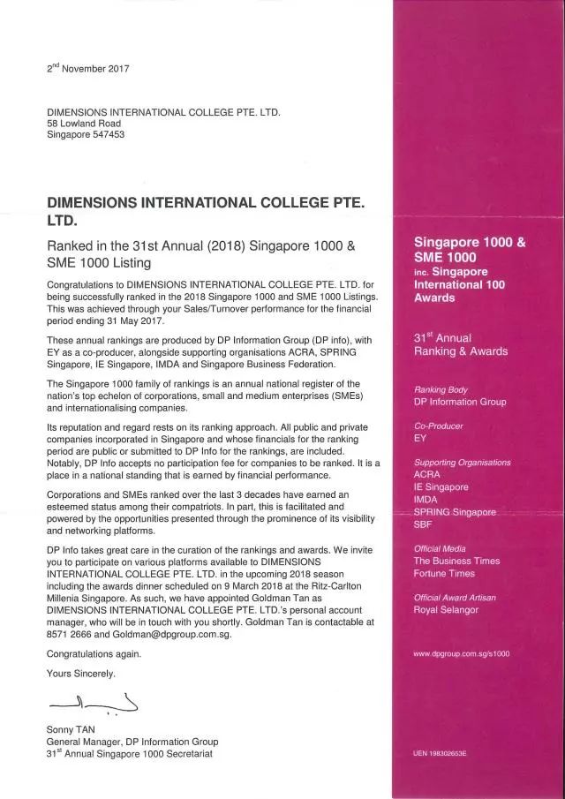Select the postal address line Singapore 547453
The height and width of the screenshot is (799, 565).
pyautogui.click(x=86, y=135)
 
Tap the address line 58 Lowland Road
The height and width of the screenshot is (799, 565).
pyautogui.click(x=83, y=124)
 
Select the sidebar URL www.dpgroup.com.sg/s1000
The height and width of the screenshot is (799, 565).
pyautogui.click(x=461, y=653)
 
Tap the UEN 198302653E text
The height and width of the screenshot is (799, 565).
pyautogui.click(x=440, y=753)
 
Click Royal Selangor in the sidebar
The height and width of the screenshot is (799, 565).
pyautogui.click(x=446, y=609)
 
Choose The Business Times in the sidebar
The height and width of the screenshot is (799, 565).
pyautogui.click(x=456, y=561)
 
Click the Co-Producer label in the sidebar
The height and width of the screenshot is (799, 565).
pyautogui.click(x=439, y=426)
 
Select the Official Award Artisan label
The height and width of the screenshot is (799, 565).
pyautogui.click(x=455, y=598)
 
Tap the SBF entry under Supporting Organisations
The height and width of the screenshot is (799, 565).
pyautogui.click(x=425, y=524)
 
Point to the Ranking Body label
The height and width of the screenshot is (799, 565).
pyautogui.click(x=441, y=389)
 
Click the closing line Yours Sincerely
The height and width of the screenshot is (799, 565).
pyautogui.click(x=80, y=673)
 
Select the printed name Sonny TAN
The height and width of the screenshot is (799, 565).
pyautogui.click(x=72, y=729)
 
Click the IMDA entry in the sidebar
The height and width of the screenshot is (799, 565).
pyautogui.click(x=427, y=500)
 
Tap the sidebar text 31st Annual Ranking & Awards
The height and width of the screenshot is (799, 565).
pyautogui.click(x=461, y=344)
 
